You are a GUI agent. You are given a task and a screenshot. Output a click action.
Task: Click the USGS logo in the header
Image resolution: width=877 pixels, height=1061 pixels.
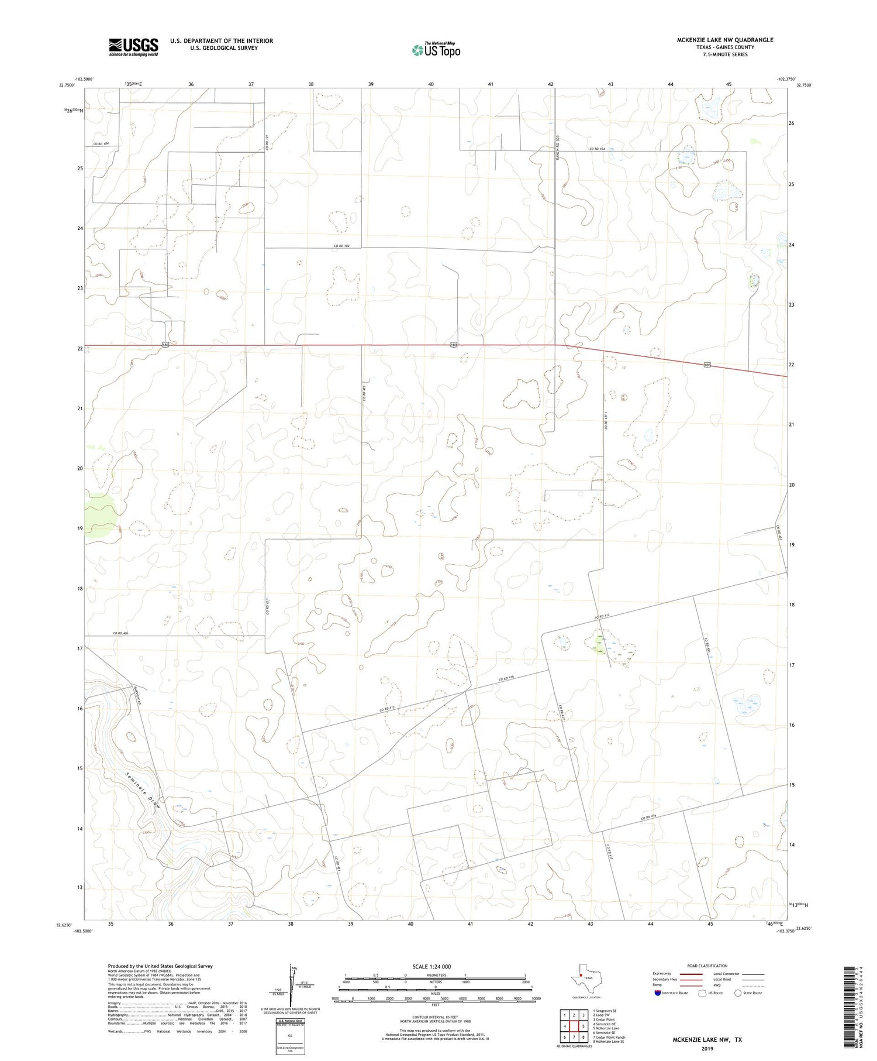coord(133,47)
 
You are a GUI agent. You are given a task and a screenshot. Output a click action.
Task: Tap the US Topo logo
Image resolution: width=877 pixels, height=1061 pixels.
coord(436,50)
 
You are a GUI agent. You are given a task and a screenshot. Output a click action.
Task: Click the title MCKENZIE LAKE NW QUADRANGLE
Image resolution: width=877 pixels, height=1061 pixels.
coord(724,40)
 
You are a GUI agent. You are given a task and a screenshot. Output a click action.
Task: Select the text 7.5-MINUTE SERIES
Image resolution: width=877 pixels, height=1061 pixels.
coord(724,54)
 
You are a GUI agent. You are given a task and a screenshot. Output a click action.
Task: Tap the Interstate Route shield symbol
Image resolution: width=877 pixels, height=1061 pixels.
coord(658,993)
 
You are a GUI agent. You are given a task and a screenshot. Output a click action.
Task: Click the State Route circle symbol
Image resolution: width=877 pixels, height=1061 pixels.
coord(738,993)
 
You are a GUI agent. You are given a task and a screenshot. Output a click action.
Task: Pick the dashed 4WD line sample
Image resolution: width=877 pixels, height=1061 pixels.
coord(753,987)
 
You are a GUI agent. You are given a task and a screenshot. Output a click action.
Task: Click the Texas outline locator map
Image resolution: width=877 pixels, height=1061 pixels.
coord(584,978)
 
